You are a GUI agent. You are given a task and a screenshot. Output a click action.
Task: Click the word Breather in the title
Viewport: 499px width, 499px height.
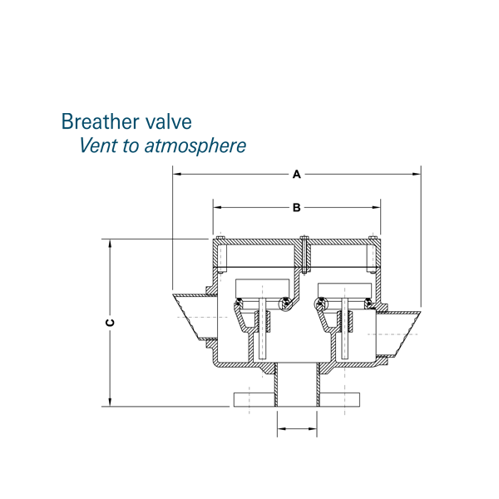(x=101, y=121)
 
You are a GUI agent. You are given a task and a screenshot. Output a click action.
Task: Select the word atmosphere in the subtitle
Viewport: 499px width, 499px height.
(x=195, y=146)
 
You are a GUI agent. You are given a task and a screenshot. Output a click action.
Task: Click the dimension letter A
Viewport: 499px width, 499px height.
(x=297, y=175)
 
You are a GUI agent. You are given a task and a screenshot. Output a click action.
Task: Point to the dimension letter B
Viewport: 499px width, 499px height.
(x=297, y=208)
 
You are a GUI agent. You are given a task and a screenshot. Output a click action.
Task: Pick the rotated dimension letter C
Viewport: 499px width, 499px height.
(x=110, y=323)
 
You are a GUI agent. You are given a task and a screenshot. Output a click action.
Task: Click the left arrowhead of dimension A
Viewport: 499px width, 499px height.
(x=177, y=174)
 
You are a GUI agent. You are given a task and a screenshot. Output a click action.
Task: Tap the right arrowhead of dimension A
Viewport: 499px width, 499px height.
(x=417, y=174)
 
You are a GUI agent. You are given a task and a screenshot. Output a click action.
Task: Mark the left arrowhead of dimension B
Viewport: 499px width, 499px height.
(x=217, y=207)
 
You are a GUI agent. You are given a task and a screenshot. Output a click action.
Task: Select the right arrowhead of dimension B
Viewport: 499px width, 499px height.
(x=376, y=207)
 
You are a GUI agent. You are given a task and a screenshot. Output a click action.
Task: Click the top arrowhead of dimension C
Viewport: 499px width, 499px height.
(x=110, y=244)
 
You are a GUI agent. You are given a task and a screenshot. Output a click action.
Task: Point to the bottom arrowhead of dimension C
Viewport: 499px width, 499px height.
(x=110, y=402)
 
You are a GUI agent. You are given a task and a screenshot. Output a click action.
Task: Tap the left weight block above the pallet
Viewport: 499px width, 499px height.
(x=262, y=289)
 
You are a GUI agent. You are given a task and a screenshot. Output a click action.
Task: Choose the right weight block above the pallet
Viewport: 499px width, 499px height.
(x=344, y=290)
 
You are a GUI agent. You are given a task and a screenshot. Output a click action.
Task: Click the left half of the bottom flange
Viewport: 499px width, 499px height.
(x=254, y=400)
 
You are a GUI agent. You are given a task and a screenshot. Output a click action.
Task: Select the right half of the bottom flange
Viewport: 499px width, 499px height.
(x=339, y=400)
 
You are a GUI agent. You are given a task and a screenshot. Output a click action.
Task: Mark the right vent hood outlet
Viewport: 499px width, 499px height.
(x=398, y=334)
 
